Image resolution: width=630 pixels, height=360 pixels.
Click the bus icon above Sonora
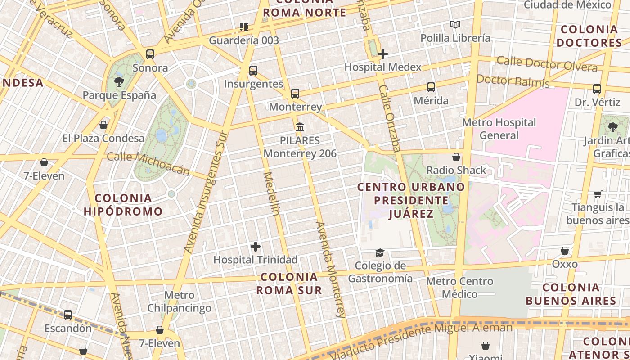pyautogui.click(x=150, y=54)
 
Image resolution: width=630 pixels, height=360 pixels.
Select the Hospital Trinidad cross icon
pyautogui.click(x=256, y=247)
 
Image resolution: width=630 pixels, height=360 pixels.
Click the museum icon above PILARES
pyautogui.click(x=300, y=127)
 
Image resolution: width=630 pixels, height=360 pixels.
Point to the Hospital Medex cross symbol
pyautogui.click(x=383, y=54)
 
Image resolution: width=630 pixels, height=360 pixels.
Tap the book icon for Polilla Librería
pyautogui.click(x=455, y=25)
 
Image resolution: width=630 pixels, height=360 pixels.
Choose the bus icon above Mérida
pyautogui.click(x=431, y=87)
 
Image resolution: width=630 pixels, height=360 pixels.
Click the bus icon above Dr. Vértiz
pyautogui.click(x=597, y=89)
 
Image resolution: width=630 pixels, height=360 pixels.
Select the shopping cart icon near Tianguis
pyautogui.click(x=598, y=194)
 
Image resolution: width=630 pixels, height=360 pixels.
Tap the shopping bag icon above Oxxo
pyautogui.click(x=565, y=251)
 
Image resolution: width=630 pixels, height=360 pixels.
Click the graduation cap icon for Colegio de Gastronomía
pyautogui.click(x=380, y=252)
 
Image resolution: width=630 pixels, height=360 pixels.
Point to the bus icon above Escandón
pyautogui.click(x=68, y=315)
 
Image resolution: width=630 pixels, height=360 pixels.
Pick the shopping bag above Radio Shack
pyautogui.click(x=456, y=157)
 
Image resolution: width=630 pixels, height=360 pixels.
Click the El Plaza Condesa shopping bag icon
pyautogui.click(x=103, y=125)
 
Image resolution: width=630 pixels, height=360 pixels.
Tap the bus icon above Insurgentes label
pyautogui.click(x=253, y=71)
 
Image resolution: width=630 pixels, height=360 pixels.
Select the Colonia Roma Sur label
pyautogui.click(x=289, y=283)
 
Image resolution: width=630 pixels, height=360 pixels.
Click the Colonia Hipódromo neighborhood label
pyautogui.click(x=123, y=205)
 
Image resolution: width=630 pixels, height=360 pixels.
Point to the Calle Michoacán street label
pyautogui.click(x=148, y=163)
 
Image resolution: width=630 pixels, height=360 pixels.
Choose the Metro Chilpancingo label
pyautogui.click(x=179, y=301)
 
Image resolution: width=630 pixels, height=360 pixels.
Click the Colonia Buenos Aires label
pyautogui.click(x=571, y=294)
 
